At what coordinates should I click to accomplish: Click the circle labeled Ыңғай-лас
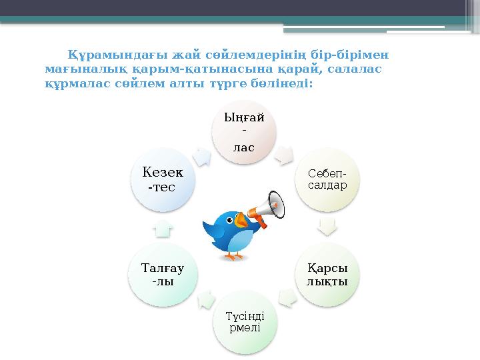[243, 131]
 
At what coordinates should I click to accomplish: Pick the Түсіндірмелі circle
[243, 322]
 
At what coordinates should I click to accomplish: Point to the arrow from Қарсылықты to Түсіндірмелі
[287, 297]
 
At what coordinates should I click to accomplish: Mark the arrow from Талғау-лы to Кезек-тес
[163, 229]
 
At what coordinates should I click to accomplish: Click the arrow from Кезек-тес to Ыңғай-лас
[200, 155]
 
